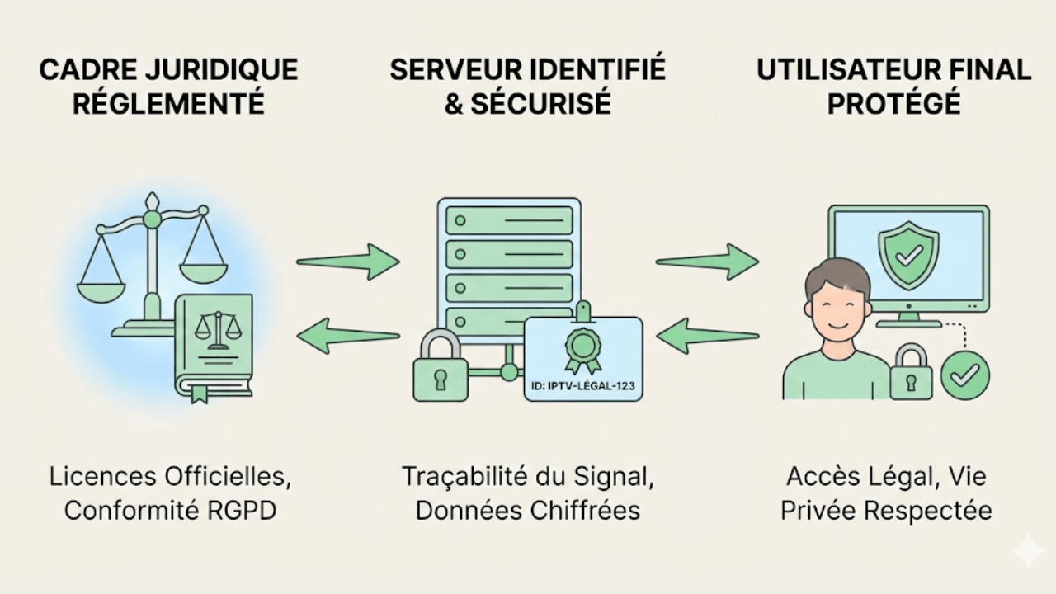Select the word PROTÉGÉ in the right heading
click(894, 104)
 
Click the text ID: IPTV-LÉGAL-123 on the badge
click(583, 384)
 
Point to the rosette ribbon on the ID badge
click(583, 348)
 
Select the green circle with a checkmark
click(965, 375)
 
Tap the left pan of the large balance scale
click(101, 280)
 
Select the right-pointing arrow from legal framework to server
click(347, 262)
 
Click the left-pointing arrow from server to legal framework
click(347, 335)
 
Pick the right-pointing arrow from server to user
click(707, 262)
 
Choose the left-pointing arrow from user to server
click(707, 335)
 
